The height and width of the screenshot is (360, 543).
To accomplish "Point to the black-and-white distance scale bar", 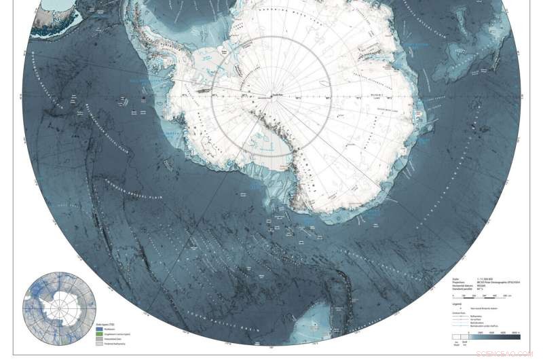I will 474,295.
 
